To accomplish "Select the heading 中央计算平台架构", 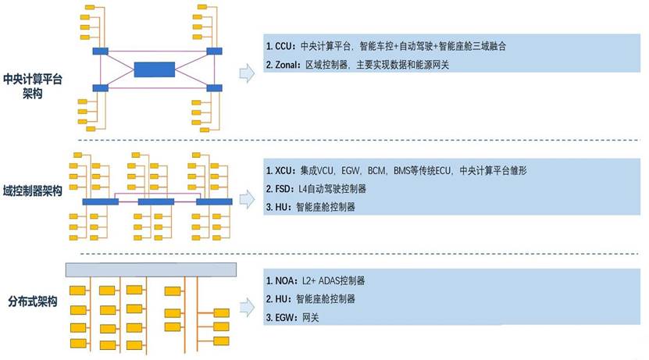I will (x=33, y=86).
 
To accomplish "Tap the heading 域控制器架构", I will (x=33, y=191).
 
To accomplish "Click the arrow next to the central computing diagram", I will (x=247, y=73).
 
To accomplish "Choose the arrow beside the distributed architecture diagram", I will (x=247, y=302).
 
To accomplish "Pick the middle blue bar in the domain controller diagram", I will (x=155, y=201).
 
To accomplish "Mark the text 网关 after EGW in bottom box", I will (x=311, y=318).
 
